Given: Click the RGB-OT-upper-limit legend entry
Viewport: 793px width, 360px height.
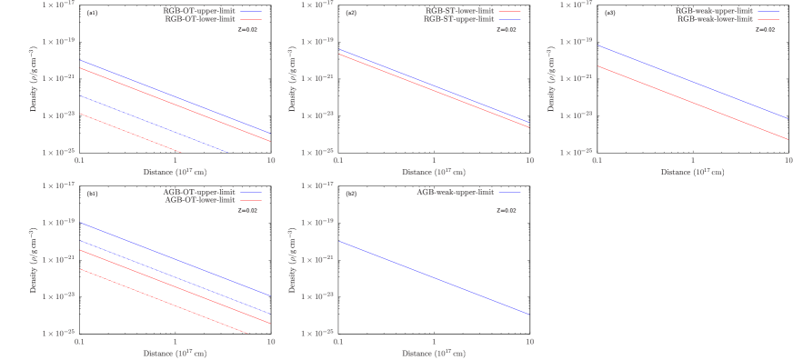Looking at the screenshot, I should (x=197, y=10).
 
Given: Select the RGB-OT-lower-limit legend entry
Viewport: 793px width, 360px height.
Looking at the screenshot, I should (x=197, y=17).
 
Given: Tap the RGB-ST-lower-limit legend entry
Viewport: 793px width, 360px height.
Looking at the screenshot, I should (x=459, y=10).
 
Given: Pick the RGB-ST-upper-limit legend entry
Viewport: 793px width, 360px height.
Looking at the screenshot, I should (x=459, y=17).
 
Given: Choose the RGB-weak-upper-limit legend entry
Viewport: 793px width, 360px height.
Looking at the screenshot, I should (x=714, y=10).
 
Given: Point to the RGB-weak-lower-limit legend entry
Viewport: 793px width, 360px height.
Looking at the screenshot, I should (x=714, y=17).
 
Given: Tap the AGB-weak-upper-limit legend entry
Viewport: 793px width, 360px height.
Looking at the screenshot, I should (x=456, y=192).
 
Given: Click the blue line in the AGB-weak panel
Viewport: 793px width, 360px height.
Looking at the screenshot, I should (x=434, y=278).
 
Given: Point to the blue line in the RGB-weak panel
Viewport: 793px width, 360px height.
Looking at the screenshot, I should (x=692, y=82).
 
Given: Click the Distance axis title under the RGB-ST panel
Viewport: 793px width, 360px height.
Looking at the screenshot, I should (x=433, y=171).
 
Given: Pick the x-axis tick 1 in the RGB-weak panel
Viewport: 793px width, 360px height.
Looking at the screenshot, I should (x=693, y=160).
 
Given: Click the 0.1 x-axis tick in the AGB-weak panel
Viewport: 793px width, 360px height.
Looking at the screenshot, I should (x=338, y=342).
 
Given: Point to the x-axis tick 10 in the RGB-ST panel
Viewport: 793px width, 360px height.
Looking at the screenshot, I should (x=529, y=160).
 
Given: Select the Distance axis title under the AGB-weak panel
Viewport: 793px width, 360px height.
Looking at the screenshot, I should (x=433, y=353).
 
